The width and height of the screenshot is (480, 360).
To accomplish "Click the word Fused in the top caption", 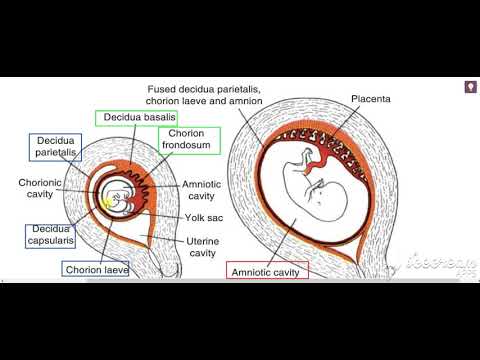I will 162,88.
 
